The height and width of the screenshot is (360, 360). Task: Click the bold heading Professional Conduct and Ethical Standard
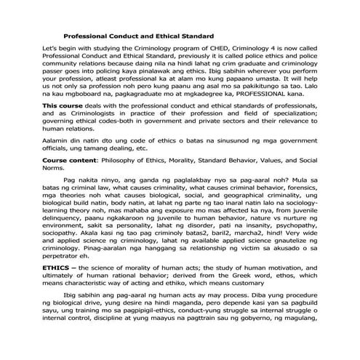(x=138, y=36)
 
